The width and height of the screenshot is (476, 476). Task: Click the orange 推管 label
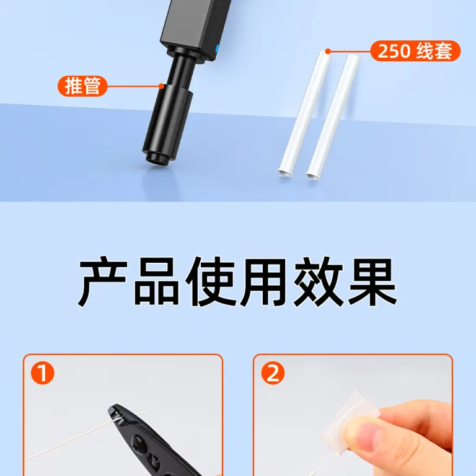(x=82, y=86)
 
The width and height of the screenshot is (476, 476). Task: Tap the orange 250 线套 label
(x=415, y=51)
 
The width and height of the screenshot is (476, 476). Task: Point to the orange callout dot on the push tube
(x=162, y=86)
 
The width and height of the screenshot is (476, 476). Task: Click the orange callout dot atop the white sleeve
(x=328, y=51)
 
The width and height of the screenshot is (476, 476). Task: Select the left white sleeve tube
(x=304, y=114)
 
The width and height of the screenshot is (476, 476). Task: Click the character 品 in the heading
(x=156, y=281)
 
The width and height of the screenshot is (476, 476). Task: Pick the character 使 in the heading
(x=210, y=281)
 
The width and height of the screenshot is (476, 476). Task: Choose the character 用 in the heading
(x=263, y=281)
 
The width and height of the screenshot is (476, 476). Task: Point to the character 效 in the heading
(x=318, y=281)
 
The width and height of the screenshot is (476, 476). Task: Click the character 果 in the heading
(x=372, y=281)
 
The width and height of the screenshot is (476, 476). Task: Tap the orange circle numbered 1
(x=43, y=373)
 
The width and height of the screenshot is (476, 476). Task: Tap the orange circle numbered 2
(x=273, y=373)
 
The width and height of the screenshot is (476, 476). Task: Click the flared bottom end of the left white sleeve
(x=284, y=173)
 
